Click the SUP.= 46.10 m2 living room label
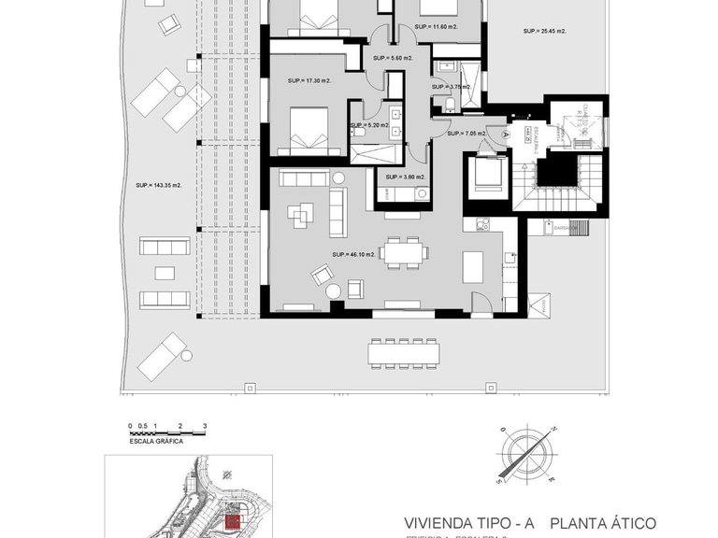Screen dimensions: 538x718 coord(353,254)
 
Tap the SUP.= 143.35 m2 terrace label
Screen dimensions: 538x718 coord(159,185)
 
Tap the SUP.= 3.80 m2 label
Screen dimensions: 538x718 coord(403,177)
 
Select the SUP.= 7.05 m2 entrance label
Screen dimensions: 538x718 coord(467,134)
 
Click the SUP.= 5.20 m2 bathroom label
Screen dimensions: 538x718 coord(371,125)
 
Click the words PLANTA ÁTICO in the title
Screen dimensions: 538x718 coord(603,523)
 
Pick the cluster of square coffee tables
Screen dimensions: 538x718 coord(299,216)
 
